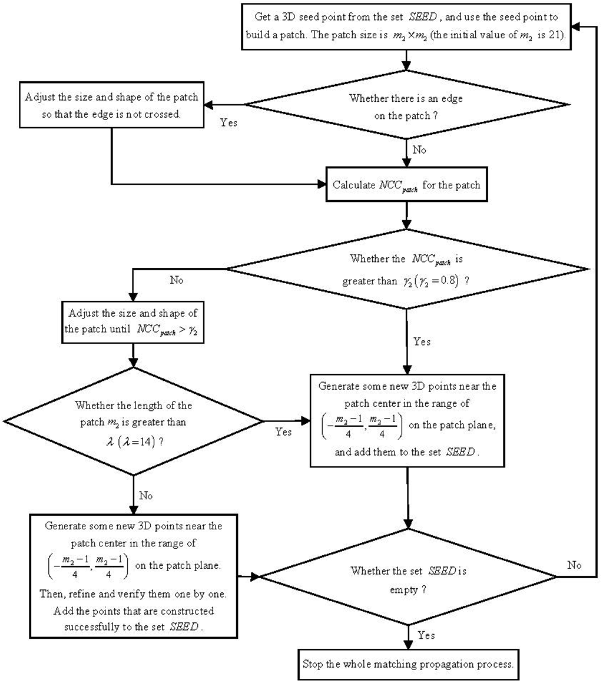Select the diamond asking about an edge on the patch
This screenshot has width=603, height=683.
(406, 106)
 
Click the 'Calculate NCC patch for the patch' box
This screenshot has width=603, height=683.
(406, 185)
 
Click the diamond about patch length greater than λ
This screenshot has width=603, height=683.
(134, 420)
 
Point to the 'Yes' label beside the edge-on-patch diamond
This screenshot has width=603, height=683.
(228, 123)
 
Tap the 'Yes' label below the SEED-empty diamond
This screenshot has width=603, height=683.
(425, 635)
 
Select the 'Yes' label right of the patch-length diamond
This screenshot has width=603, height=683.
(284, 432)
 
